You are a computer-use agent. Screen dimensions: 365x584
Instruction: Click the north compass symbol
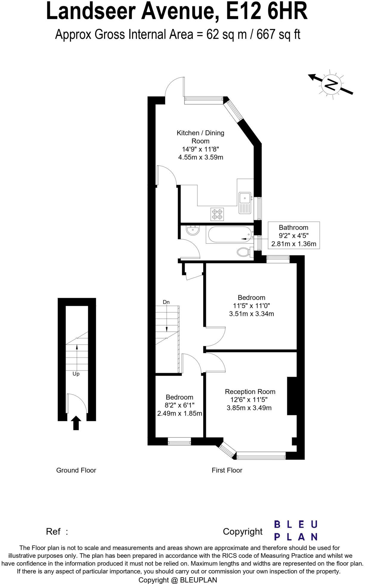331,84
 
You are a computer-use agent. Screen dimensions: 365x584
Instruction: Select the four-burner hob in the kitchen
217,214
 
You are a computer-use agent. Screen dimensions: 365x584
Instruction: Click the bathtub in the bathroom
229,235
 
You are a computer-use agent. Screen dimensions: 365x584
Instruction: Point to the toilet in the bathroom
245,252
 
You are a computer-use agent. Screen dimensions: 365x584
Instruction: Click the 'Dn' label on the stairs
166,302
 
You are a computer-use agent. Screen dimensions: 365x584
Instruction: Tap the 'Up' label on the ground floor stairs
76,374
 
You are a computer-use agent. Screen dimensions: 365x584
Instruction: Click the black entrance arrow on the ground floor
76,423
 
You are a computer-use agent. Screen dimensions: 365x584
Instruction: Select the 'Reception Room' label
250,392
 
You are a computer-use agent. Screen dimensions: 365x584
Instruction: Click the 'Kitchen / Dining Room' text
200,137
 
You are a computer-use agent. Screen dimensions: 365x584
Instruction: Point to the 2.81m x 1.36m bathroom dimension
294,244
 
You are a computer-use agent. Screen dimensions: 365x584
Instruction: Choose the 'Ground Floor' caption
76,470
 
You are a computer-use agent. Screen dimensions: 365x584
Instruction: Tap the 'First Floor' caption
227,470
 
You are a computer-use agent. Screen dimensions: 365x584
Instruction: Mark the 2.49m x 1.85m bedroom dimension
180,414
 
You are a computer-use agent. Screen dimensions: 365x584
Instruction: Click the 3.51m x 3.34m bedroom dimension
251,314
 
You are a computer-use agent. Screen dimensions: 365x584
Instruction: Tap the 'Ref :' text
57,532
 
